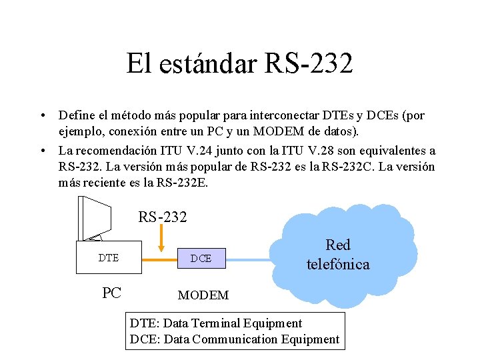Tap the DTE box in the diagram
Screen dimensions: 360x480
(x=109, y=257)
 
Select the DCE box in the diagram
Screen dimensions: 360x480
(x=201, y=258)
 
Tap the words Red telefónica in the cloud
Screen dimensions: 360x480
(x=337, y=255)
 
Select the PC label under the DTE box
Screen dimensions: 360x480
(x=111, y=293)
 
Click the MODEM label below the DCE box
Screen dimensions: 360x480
(x=203, y=295)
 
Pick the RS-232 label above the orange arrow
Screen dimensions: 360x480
(x=163, y=217)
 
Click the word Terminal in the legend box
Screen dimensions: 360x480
(x=215, y=323)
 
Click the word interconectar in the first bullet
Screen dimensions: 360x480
(x=297, y=116)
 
